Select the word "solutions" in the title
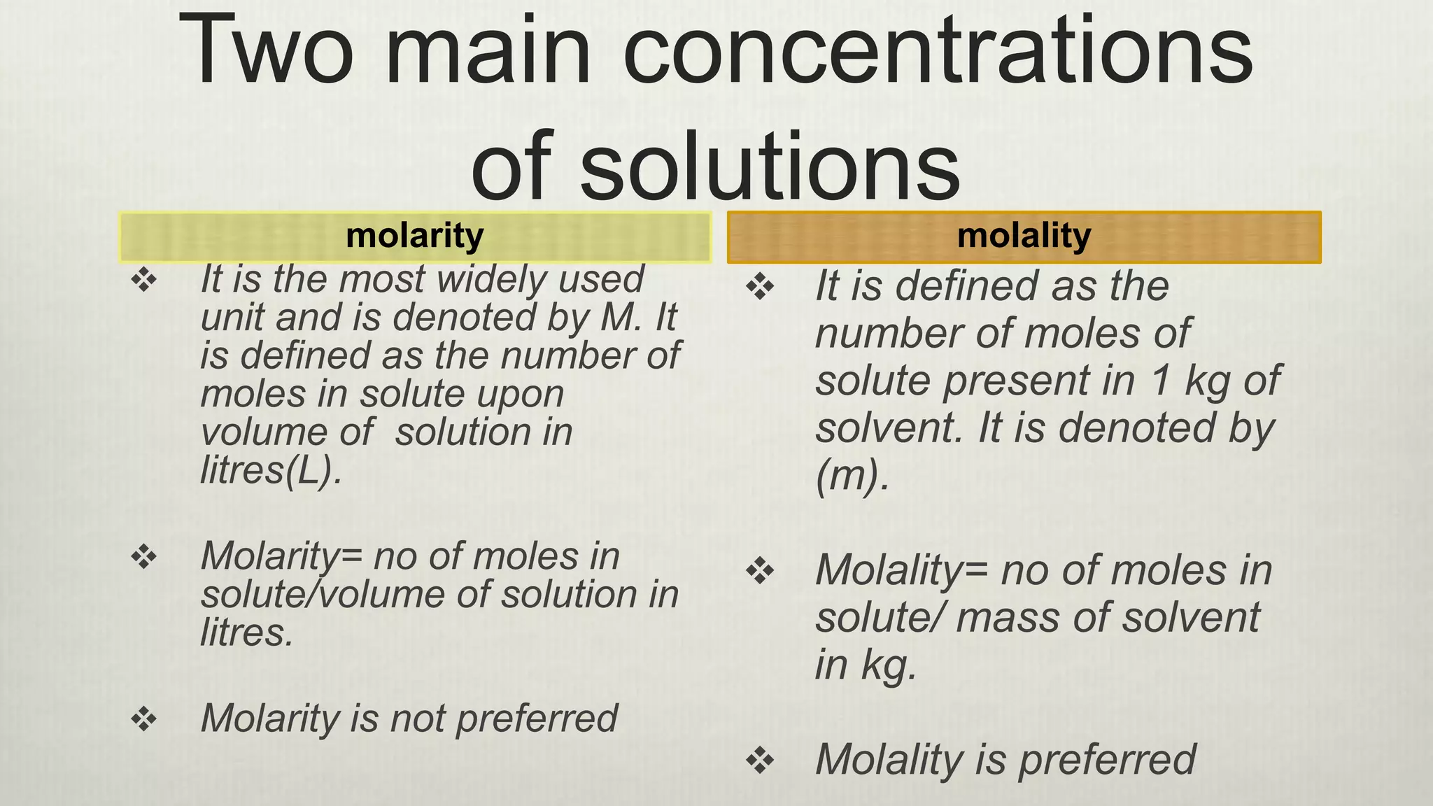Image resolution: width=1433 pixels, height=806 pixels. click(x=770, y=167)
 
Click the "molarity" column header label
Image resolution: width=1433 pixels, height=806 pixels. click(x=414, y=236)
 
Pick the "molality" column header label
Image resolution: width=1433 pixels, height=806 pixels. click(x=1024, y=236)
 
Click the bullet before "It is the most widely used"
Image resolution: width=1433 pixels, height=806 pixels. click(x=144, y=281)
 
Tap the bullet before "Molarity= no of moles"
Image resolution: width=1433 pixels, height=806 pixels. click(x=144, y=558)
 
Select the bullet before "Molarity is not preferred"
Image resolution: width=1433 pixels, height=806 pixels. click(x=144, y=719)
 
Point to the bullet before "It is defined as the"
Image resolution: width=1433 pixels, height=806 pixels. click(x=761, y=287)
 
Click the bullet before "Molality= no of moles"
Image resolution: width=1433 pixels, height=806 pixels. click(x=761, y=572)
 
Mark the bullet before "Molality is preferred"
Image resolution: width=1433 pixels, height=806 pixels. click(x=761, y=761)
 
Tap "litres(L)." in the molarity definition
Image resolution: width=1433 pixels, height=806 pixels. click(x=271, y=469)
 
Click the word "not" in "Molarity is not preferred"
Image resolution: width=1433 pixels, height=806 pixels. click(x=418, y=719)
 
